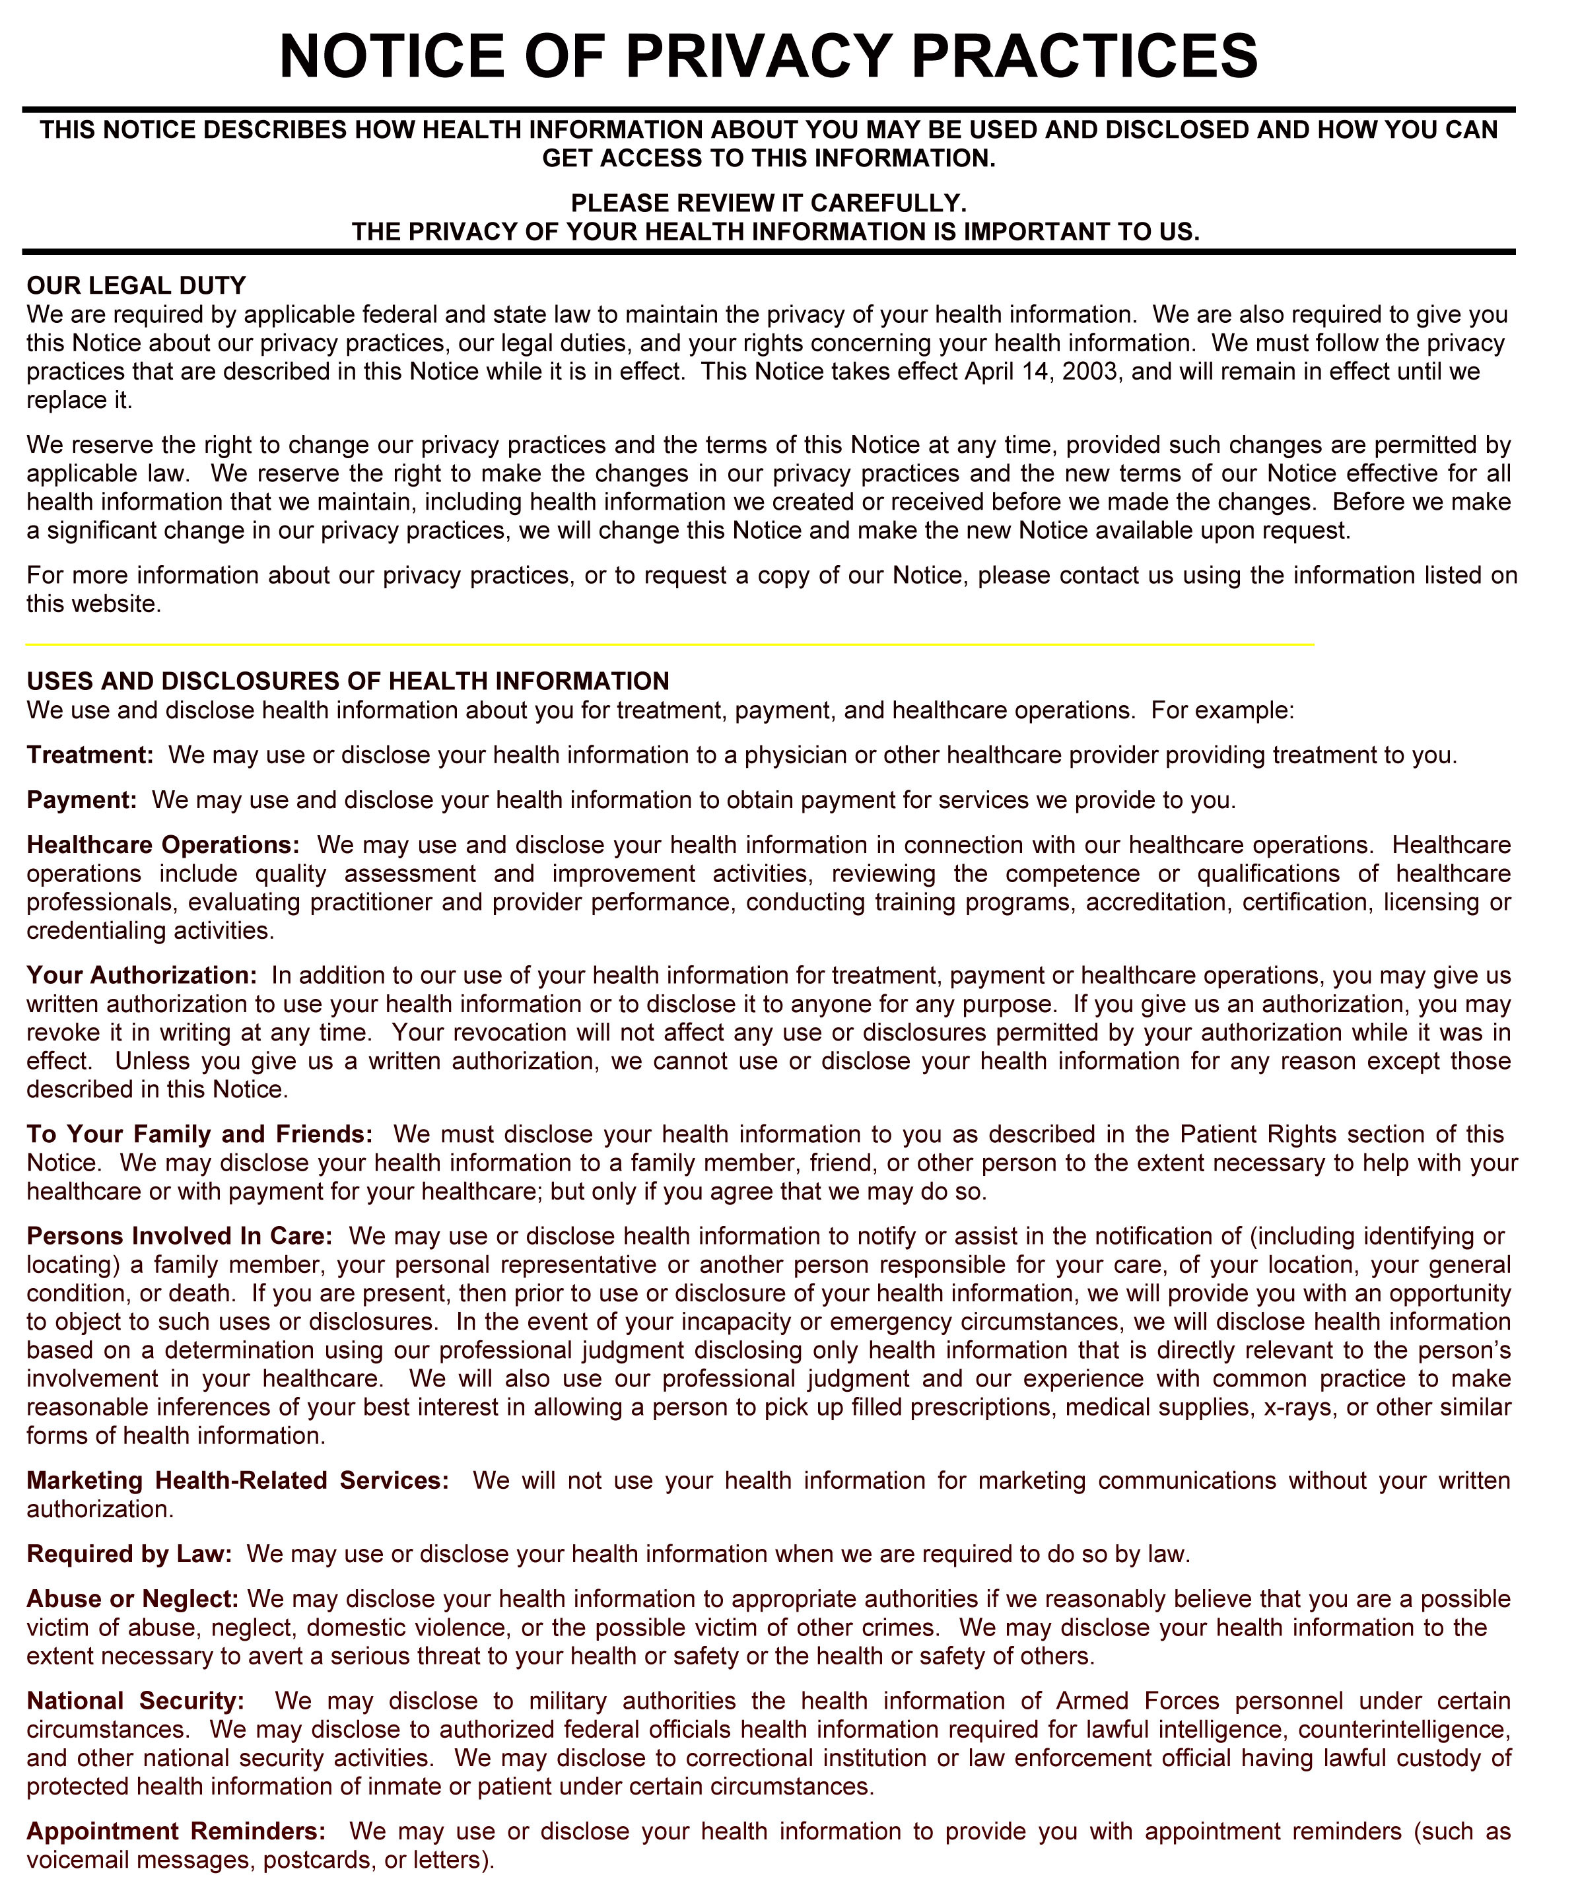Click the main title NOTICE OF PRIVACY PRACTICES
[769, 55]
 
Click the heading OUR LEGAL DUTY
[136, 286]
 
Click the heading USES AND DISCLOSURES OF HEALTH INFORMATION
[347, 681]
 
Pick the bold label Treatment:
[90, 755]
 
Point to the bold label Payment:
[81, 800]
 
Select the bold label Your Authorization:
[141, 975]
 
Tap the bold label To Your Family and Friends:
[199, 1134]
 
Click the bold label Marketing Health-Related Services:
[237, 1481]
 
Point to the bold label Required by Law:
[129, 1554]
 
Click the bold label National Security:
[135, 1701]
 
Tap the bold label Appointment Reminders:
[176, 1831]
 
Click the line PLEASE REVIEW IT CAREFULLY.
[769, 203]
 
